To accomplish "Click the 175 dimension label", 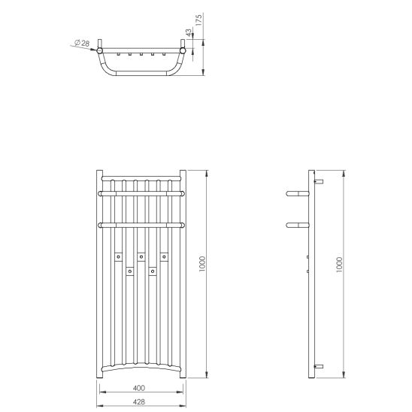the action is click(199, 20).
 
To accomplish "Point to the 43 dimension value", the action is click(189, 32).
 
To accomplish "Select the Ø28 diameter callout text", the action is click(82, 43).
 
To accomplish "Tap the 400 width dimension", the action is click(139, 388).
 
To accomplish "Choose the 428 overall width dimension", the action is click(139, 401).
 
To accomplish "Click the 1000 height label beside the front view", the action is click(202, 264).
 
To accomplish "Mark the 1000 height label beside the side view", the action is click(339, 265).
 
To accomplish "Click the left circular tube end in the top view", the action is click(99, 50).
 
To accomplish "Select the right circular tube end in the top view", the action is click(183, 50).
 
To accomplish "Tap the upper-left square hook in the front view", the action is click(119, 256).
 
